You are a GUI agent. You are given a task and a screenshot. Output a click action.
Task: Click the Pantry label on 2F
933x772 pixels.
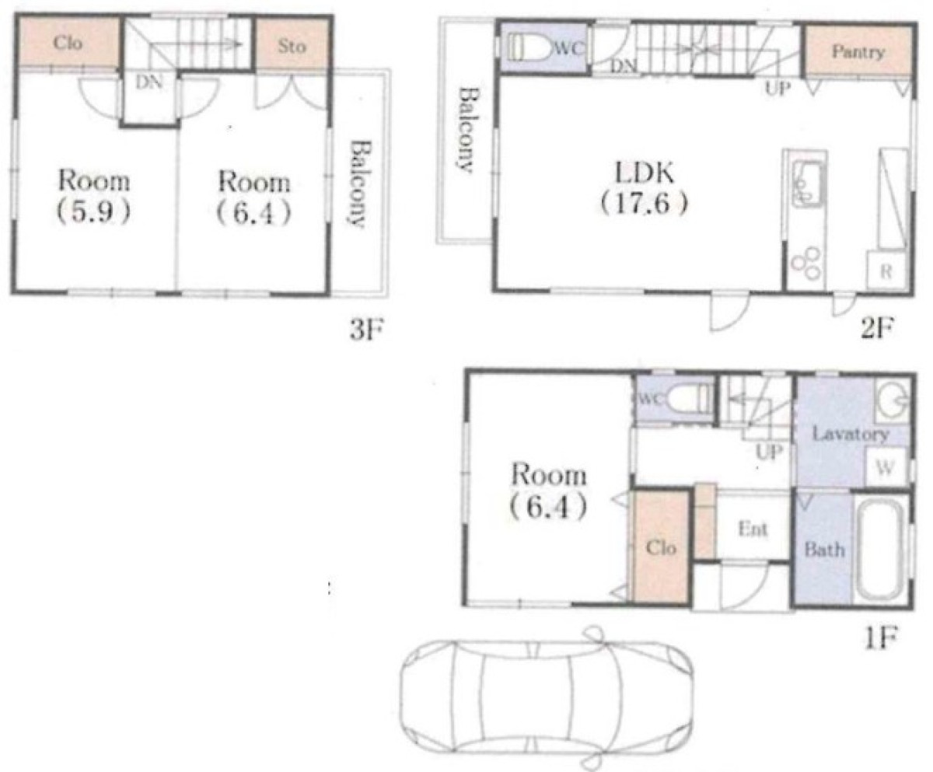click(x=858, y=52)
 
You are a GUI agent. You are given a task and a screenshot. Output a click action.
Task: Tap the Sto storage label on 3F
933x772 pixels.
click(x=292, y=46)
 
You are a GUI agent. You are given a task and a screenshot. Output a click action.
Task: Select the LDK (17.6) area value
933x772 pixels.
click(x=644, y=204)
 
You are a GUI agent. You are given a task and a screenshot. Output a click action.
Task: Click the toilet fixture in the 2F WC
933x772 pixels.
click(x=533, y=47)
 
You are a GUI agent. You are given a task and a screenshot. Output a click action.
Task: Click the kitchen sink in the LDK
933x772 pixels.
click(x=806, y=184)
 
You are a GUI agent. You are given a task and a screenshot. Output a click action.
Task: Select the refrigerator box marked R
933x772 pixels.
click(x=886, y=271)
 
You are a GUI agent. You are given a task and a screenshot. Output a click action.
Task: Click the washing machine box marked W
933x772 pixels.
click(x=886, y=468)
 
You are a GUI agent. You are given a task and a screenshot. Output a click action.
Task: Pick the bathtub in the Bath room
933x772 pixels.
click(x=882, y=550)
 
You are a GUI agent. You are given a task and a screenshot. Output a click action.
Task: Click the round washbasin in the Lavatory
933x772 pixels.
click(x=892, y=400)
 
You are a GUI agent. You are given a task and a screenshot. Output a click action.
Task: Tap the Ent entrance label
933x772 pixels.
click(x=753, y=529)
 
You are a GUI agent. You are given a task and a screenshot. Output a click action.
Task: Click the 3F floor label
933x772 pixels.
click(x=366, y=331)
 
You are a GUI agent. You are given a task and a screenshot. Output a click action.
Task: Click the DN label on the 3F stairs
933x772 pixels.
click(x=149, y=82)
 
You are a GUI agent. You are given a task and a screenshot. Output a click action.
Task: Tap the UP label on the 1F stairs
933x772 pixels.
click(x=769, y=452)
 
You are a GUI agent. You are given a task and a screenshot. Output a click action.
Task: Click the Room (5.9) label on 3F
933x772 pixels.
click(x=94, y=197)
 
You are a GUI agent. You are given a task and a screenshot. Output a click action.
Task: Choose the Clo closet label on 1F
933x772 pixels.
click(x=661, y=548)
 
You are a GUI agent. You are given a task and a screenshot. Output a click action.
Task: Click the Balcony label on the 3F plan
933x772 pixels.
click(x=360, y=184)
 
